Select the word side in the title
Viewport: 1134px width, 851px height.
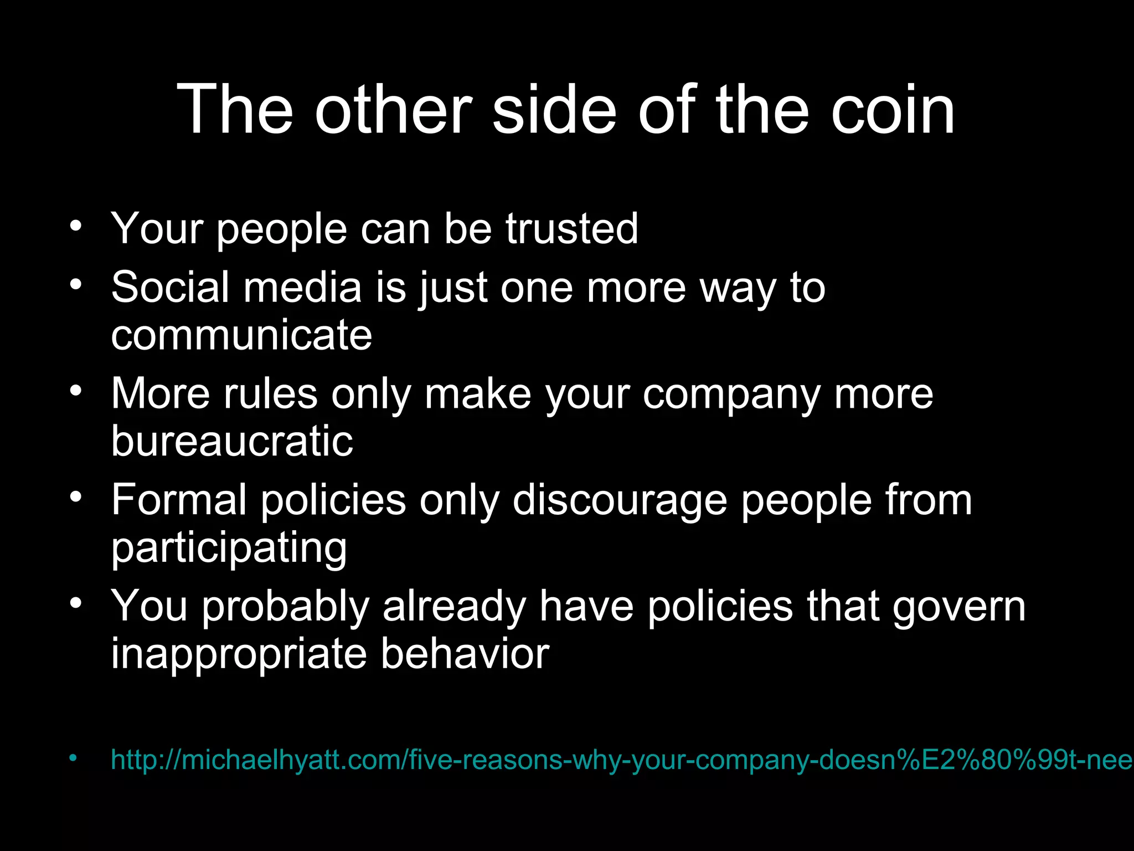(554, 110)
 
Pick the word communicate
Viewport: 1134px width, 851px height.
(241, 336)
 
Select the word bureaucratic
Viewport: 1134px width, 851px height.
(232, 442)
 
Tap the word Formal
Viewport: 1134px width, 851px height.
(178, 500)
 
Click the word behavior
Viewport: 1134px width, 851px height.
(465, 654)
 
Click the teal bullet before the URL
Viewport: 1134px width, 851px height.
(74, 757)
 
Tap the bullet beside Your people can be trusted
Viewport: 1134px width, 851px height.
(76, 225)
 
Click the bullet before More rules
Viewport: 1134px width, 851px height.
(76, 391)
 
